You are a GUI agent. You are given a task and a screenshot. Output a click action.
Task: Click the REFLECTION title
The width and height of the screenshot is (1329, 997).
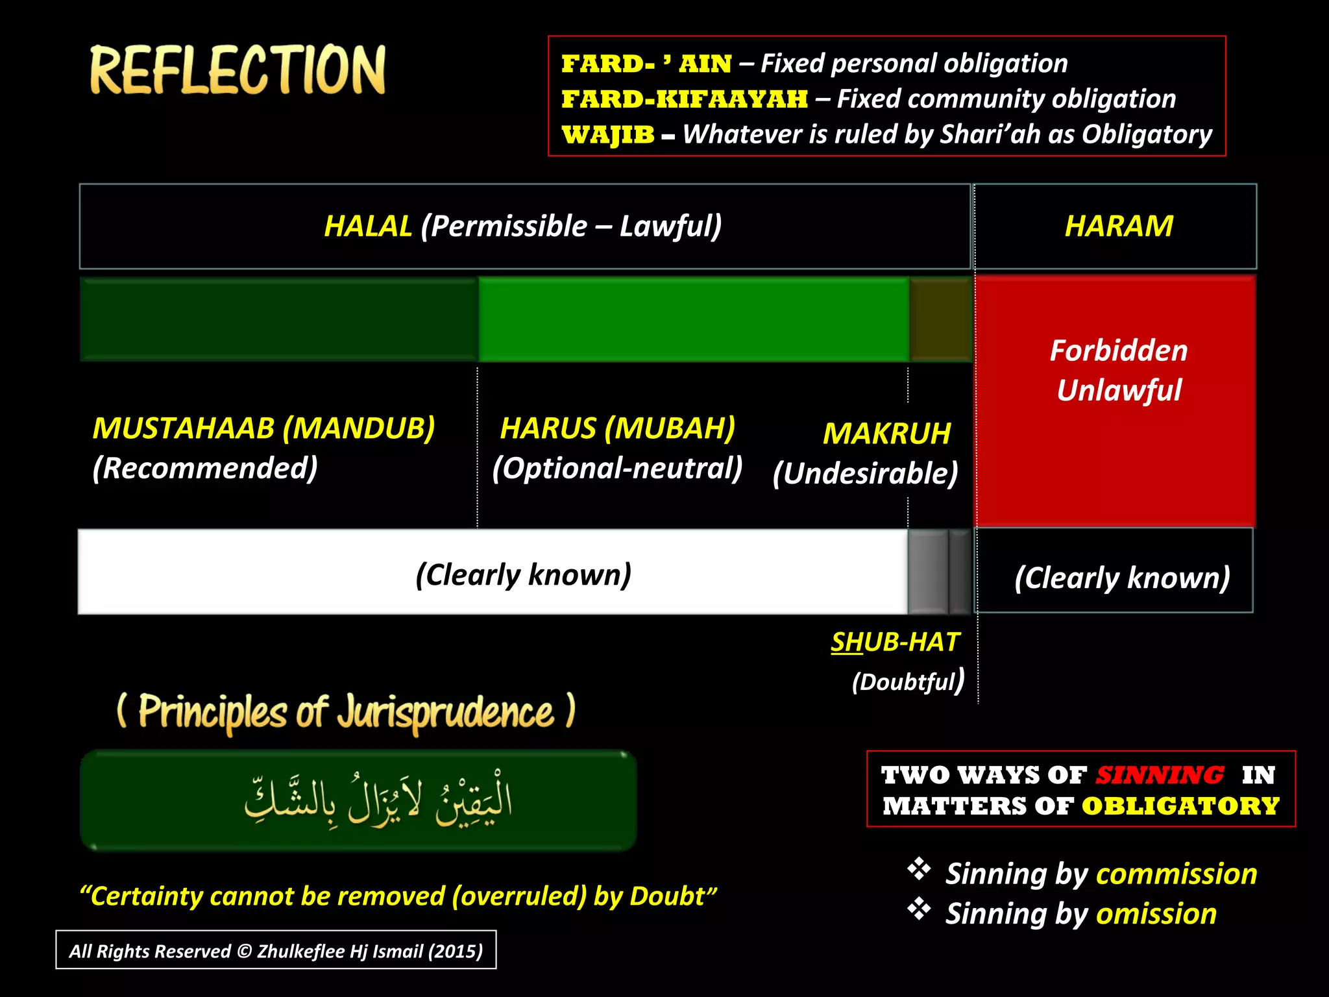tap(238, 70)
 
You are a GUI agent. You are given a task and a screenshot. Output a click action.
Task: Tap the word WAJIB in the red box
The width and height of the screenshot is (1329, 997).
tap(607, 135)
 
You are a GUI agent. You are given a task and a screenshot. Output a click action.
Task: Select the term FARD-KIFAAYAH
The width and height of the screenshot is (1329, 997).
tap(685, 99)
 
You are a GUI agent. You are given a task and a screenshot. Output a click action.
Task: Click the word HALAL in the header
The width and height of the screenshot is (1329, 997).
tap(368, 227)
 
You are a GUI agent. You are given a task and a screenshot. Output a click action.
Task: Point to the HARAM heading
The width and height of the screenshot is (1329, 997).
tap(1119, 227)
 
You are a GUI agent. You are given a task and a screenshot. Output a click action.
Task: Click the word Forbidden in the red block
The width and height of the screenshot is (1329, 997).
tap(1119, 351)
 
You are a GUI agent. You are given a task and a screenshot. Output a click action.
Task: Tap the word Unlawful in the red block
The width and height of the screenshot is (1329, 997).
tap(1119, 391)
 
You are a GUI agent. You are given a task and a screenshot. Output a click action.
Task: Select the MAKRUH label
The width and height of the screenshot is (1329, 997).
tap(886, 434)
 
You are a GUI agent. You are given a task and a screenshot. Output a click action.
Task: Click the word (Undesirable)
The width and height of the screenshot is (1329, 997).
tap(865, 473)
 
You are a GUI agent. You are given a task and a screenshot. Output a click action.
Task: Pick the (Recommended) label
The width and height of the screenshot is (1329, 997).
tap(205, 468)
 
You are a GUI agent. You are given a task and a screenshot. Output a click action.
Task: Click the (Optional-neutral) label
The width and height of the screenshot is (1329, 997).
tap(617, 468)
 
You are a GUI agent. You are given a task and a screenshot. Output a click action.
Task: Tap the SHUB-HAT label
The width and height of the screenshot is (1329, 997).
tap(895, 642)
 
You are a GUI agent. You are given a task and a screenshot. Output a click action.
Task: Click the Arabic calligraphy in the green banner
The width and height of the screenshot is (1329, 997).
tap(378, 801)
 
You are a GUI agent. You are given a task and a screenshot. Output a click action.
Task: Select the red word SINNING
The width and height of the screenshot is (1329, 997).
tap(1160, 775)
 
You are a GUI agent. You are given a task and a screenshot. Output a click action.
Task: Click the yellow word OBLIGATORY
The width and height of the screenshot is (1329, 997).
tap(1180, 806)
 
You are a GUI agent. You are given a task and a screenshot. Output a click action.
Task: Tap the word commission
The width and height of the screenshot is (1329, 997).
tap(1176, 874)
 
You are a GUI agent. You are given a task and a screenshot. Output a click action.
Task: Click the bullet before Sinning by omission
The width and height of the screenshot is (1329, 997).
tap(919, 909)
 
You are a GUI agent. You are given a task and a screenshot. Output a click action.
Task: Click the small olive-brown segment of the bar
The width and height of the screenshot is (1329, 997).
tap(940, 319)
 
